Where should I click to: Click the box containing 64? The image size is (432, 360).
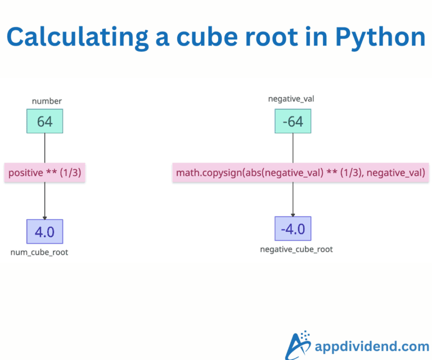tap(45, 121)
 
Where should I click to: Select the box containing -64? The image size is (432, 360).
tap(292, 121)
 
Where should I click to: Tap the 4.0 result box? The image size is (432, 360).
tap(45, 231)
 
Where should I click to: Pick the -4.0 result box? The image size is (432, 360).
tap(292, 228)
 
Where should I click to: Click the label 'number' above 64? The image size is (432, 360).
tap(47, 101)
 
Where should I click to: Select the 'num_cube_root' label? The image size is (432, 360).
tap(39, 252)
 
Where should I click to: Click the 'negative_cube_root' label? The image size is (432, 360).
tap(296, 249)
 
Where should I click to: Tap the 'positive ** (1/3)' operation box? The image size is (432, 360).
tap(45, 173)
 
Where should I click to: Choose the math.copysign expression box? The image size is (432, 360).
tap(300, 173)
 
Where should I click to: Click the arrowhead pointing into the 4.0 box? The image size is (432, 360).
tap(45, 217)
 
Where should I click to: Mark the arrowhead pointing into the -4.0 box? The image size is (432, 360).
tap(292, 214)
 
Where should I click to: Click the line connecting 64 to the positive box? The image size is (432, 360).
tap(45, 148)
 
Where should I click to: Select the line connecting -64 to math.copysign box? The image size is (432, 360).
tap(292, 148)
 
